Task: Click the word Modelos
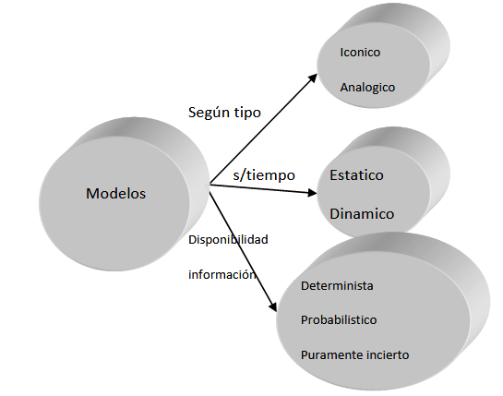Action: click(x=115, y=193)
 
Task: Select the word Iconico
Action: click(x=360, y=52)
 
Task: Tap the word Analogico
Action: click(x=367, y=88)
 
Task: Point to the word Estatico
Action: click(x=356, y=174)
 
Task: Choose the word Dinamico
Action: click(x=362, y=214)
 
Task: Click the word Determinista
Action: click(x=337, y=285)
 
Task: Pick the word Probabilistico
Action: click(x=339, y=319)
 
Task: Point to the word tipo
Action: click(x=247, y=113)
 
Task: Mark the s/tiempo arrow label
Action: click(x=264, y=174)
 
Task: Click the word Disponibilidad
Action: click(x=228, y=239)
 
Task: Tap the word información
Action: click(x=222, y=274)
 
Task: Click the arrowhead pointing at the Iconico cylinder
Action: click(x=313, y=78)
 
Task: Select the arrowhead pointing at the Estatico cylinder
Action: click(x=312, y=193)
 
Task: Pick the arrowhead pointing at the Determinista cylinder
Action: click(x=273, y=306)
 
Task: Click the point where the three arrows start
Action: click(x=210, y=185)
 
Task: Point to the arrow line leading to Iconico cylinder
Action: click(x=263, y=129)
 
